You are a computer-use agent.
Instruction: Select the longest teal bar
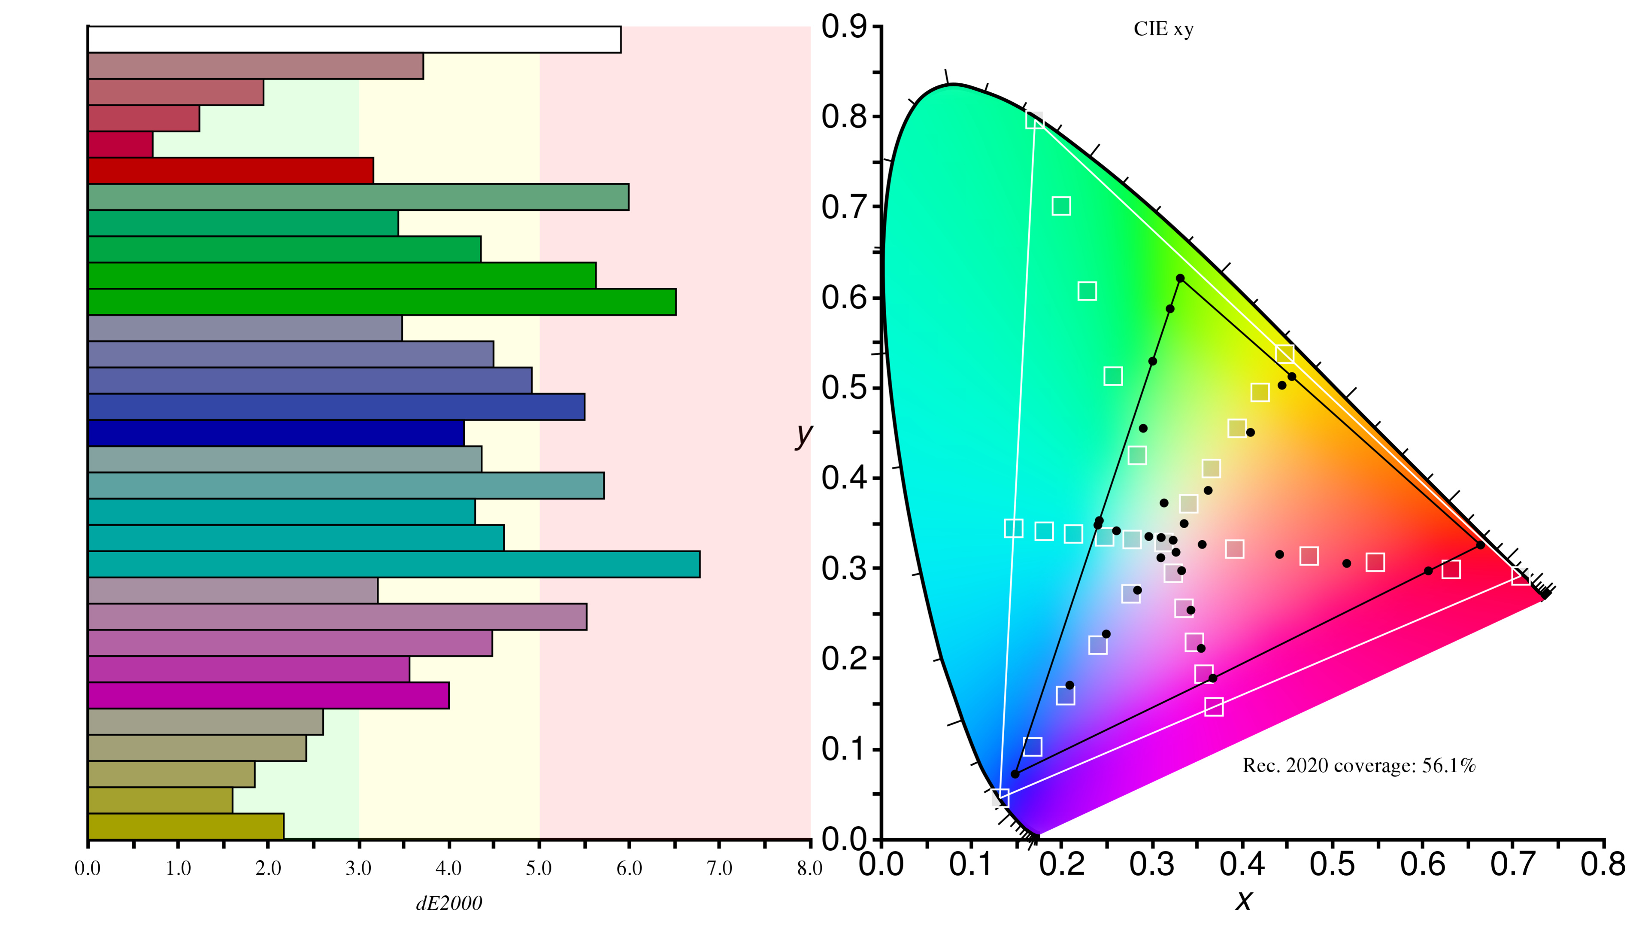click(x=394, y=564)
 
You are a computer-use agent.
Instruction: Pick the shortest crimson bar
click(x=120, y=145)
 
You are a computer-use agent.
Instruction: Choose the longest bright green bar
click(x=382, y=302)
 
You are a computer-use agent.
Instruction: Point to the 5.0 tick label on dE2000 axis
click(x=539, y=868)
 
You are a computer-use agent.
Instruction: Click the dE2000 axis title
click(x=449, y=903)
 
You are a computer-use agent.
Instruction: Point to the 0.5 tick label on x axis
click(x=1332, y=864)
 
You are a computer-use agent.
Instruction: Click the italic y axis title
click(x=803, y=435)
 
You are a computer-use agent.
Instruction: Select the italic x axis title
click(x=1243, y=901)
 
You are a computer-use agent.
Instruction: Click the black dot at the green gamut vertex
click(x=1180, y=278)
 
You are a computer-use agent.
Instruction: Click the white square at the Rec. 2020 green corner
click(x=1034, y=120)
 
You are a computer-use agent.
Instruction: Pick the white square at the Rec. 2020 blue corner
click(x=1000, y=797)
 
